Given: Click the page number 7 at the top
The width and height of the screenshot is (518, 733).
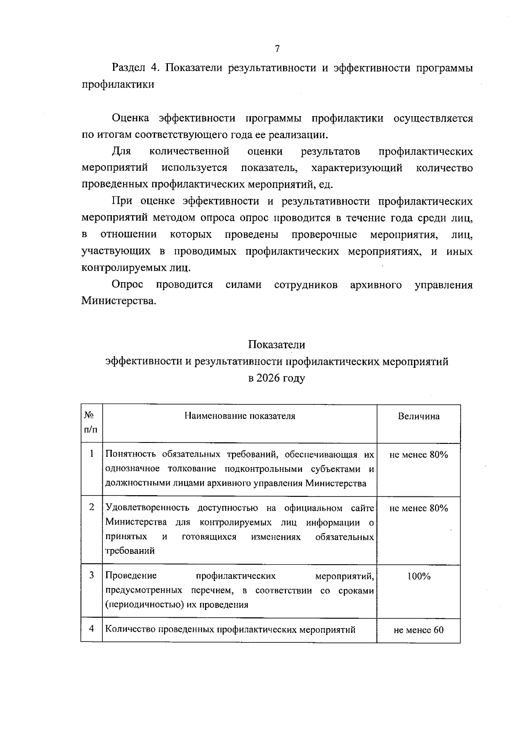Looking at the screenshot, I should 277,49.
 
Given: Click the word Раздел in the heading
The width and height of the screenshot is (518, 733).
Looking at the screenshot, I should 128,68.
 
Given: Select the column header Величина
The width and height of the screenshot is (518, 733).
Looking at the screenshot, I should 418,416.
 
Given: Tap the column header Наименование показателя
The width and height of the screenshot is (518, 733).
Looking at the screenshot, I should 240,416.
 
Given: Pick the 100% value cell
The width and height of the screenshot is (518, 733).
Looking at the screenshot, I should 418,576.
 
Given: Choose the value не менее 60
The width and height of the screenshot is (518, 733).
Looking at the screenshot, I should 418,630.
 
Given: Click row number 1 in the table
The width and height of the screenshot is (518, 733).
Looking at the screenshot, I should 92,454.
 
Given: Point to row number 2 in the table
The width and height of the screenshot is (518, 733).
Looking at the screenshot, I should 92,507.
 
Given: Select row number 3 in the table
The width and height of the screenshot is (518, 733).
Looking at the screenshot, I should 92,575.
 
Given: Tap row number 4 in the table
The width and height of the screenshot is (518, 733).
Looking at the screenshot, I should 92,629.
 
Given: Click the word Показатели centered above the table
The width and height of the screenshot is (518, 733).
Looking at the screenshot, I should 276,345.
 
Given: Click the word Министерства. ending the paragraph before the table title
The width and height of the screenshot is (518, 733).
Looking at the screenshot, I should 119,301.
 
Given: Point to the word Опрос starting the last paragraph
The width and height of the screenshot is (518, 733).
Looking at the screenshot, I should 127,285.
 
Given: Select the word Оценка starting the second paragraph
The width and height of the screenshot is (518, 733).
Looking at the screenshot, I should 130,118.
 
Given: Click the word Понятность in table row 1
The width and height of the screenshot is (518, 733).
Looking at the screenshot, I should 131,454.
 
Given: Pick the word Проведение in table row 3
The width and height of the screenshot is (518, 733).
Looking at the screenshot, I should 131,576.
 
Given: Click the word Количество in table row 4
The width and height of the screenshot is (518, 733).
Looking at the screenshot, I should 129,629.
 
